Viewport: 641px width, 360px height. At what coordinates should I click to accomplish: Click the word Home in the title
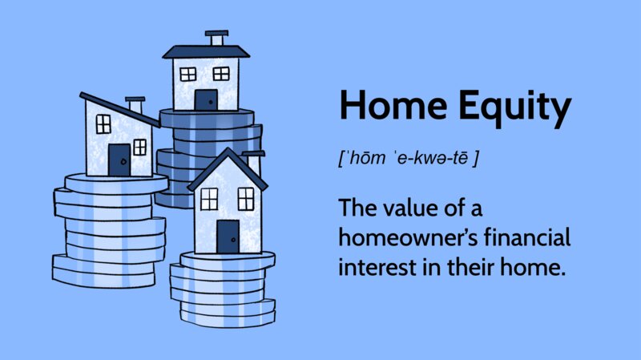[x=393, y=105]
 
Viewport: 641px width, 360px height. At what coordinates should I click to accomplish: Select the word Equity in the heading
[x=514, y=108]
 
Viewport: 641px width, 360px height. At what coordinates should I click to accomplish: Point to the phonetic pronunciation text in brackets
[x=408, y=158]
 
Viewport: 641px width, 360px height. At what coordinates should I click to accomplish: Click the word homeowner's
[x=409, y=237]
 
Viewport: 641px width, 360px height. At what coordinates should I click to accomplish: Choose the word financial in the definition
[x=527, y=237]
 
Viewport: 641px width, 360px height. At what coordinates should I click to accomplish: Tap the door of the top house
[x=206, y=99]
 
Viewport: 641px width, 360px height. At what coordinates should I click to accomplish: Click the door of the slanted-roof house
[x=119, y=160]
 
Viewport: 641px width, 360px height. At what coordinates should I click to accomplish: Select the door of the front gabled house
[x=228, y=237]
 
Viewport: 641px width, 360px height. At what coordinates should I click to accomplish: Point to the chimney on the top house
[x=216, y=38]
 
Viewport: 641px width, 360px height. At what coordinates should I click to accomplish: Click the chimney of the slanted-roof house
[x=135, y=105]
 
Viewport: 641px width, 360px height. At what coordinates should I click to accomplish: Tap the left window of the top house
[x=188, y=75]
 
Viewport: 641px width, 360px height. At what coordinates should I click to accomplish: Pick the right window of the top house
[x=221, y=74]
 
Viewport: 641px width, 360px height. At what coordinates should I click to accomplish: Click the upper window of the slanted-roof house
[x=103, y=124]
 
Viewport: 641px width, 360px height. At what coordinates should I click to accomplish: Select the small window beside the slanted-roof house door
[x=139, y=148]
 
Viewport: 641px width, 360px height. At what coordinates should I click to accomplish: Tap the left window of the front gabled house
[x=209, y=199]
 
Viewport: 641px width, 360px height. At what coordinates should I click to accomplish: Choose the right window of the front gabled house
[x=246, y=199]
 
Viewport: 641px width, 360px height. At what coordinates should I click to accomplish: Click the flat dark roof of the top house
[x=206, y=52]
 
